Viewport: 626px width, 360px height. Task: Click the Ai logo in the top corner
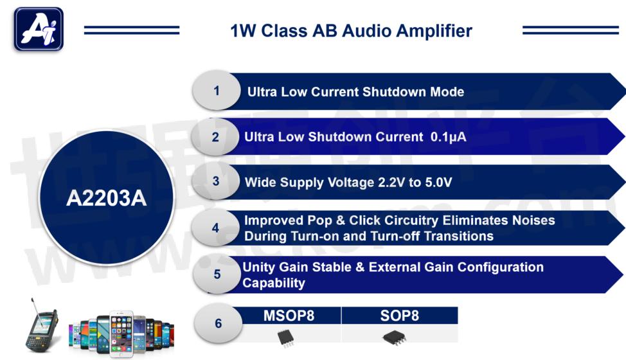tap(39, 30)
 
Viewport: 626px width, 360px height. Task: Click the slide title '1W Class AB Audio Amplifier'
tap(351, 30)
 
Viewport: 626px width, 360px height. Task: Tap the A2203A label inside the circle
tap(106, 198)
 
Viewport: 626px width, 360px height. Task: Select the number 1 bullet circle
tap(217, 91)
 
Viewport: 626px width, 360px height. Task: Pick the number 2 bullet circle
tap(215, 137)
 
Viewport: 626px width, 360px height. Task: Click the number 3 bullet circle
tap(216, 181)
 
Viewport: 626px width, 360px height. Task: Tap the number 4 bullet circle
tap(215, 228)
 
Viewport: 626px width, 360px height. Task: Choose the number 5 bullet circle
tap(217, 274)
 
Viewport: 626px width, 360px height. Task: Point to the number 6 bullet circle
tap(218, 323)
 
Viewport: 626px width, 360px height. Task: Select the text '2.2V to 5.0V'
tap(415, 183)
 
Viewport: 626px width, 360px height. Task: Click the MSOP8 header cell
tap(289, 316)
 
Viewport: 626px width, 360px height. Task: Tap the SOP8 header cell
tap(399, 316)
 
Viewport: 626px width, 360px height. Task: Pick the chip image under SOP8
tap(393, 337)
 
